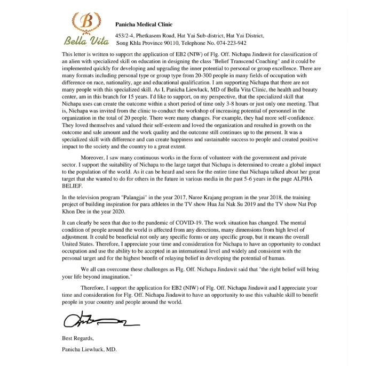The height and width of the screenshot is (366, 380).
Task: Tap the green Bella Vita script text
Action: point(84,40)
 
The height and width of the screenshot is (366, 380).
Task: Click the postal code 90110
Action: point(175,43)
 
